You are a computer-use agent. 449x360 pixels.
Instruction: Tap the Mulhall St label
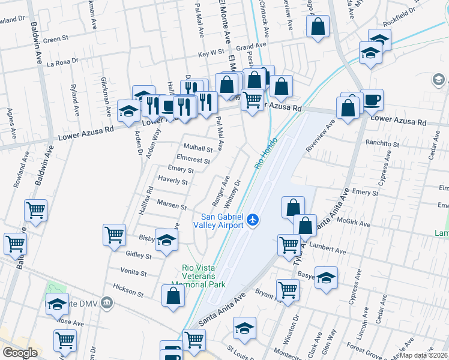(198, 148)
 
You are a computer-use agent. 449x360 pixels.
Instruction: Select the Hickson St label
(128, 294)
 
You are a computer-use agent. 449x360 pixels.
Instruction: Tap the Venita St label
(133, 272)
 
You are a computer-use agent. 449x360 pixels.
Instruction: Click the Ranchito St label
(383, 144)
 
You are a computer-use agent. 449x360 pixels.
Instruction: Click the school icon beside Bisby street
(167, 240)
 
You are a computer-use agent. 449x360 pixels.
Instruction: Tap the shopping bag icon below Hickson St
(173, 296)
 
